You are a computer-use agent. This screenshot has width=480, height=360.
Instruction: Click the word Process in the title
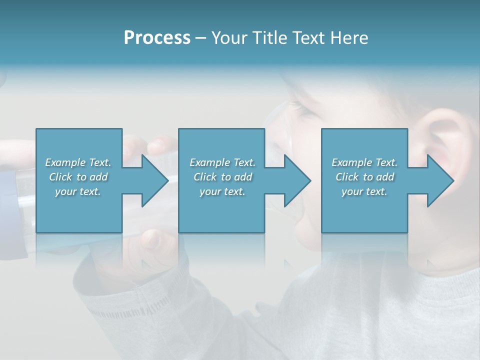pyautogui.click(x=157, y=38)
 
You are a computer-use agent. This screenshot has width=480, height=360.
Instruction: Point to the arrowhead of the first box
pyautogui.click(x=155, y=180)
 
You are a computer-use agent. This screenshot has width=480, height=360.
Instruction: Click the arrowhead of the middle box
pyautogui.click(x=297, y=180)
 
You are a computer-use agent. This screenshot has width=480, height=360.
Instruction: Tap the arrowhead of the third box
pyautogui.click(x=440, y=180)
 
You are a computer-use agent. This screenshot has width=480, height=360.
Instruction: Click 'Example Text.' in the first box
pyautogui.click(x=78, y=162)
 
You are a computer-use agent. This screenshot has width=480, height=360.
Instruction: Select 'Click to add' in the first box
pyautogui.click(x=78, y=177)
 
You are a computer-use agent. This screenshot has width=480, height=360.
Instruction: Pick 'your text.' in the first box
pyautogui.click(x=78, y=191)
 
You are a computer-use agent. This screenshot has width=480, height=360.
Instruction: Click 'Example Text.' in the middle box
pyautogui.click(x=222, y=162)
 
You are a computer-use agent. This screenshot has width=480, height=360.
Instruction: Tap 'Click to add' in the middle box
pyautogui.click(x=222, y=177)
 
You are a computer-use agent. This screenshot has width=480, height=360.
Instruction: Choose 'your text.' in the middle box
pyautogui.click(x=222, y=191)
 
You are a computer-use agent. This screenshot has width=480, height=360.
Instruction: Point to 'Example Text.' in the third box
pyautogui.click(x=364, y=162)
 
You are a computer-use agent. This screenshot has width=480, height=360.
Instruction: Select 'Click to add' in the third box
pyautogui.click(x=364, y=177)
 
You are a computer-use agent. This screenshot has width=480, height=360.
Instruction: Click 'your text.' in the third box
pyautogui.click(x=364, y=191)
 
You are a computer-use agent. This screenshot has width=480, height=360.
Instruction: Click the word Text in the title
pyautogui.click(x=307, y=38)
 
